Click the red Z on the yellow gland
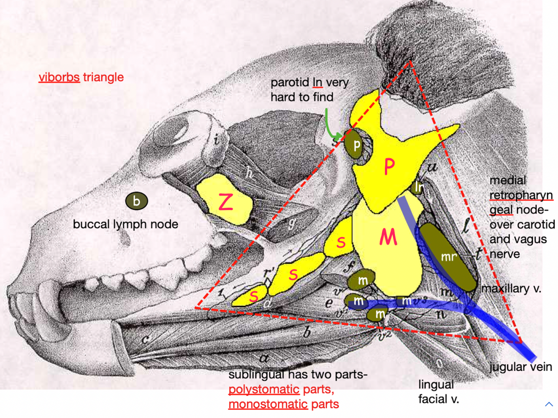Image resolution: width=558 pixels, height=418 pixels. point(226,202)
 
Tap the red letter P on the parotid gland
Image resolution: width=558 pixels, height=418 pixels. point(389,167)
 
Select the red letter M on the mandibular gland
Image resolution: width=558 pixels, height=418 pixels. point(388,237)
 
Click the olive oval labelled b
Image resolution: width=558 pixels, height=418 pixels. point(136,201)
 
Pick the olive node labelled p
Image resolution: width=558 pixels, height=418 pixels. point(356,145)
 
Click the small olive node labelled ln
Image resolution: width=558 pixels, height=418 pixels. point(418,187)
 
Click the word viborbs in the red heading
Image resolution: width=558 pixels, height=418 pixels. point(59,77)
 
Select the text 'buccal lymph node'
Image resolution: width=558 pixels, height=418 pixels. point(125,224)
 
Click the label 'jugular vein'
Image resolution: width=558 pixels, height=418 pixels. point(521,367)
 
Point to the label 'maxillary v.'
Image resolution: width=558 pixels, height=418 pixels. point(511,288)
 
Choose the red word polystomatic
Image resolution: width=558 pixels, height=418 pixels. point(264,390)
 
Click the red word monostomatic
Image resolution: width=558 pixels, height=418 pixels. point(268,405)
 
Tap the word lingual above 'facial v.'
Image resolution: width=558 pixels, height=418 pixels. point(436,385)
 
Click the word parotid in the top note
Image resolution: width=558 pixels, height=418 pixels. point(290,82)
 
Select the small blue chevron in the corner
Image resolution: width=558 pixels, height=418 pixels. point(549,404)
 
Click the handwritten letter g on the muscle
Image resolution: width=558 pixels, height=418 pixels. point(292,224)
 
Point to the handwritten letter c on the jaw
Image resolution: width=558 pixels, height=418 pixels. point(145,339)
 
